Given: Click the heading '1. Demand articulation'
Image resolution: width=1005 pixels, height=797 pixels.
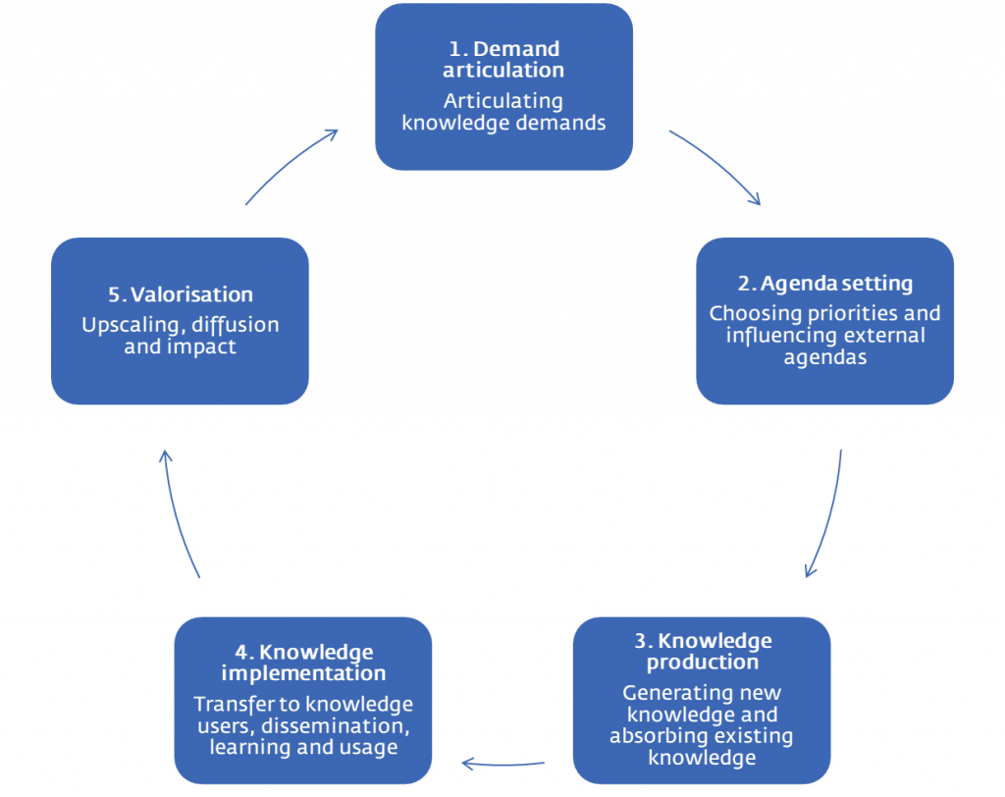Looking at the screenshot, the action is pos(503,59).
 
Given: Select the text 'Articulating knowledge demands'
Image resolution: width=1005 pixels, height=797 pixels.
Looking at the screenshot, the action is pos(503,112).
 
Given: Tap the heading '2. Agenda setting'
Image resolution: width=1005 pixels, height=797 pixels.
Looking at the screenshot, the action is pos(824,284).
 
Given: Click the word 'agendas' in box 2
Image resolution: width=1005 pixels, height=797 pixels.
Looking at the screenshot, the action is pos(824,358).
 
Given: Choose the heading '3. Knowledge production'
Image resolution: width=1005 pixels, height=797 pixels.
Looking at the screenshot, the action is pos(703,651).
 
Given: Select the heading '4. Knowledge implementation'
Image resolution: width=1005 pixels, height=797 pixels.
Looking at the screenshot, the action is pos(303,663).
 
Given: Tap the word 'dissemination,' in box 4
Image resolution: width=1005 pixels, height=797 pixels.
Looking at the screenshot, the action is pos(336,725).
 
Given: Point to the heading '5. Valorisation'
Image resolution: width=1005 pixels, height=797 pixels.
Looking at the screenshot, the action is pos(181,294).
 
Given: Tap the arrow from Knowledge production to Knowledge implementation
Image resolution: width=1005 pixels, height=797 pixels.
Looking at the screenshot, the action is pos(503,765).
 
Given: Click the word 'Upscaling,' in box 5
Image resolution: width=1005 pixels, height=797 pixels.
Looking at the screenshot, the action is pos(132,325).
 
